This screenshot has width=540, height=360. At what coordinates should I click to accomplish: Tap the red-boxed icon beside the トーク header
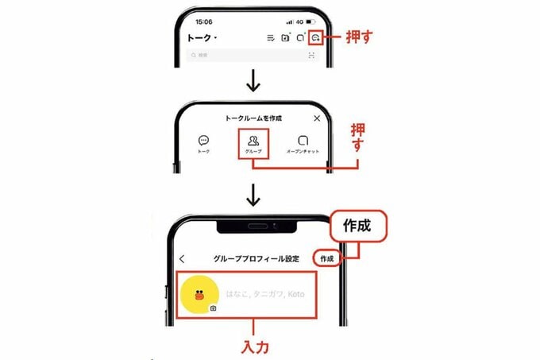coord(315,37)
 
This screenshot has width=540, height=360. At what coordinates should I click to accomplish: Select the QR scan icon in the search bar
coord(310,56)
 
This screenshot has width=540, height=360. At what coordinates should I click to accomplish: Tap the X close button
coord(317,118)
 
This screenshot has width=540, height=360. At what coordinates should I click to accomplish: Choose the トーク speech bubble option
coord(203,142)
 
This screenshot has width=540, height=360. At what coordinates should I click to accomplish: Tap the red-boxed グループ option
coord(253,143)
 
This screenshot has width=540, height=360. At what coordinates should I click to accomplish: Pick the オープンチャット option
coord(303,143)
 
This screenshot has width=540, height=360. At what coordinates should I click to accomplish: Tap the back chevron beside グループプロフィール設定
coord(182,259)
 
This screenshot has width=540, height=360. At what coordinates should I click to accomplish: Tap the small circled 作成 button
coord(326,259)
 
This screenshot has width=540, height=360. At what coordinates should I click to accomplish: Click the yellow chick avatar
coord(200,294)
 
